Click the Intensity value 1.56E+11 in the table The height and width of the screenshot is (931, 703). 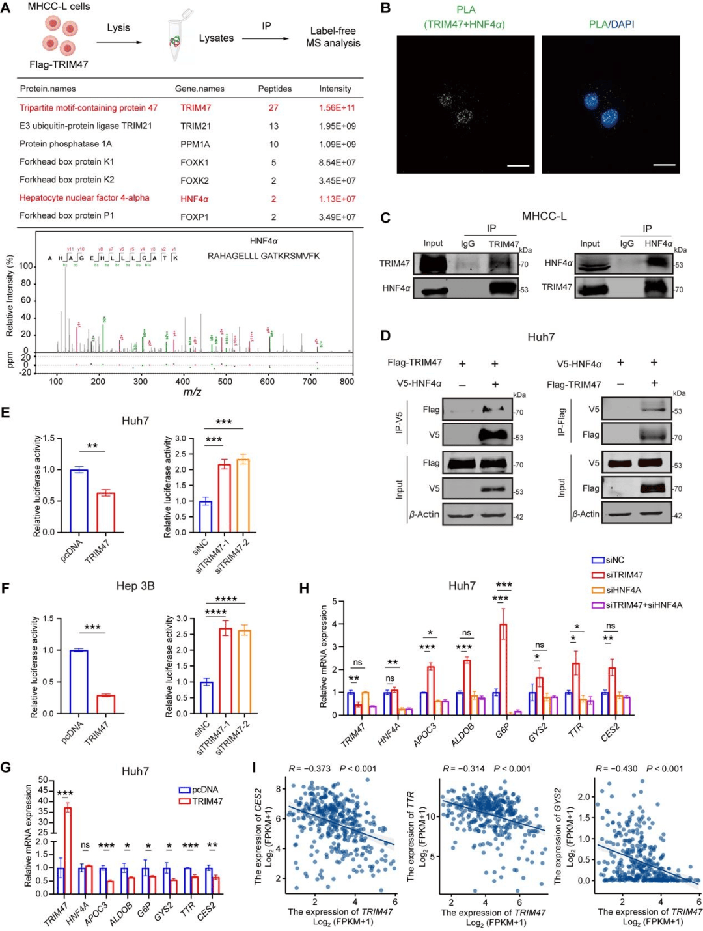pos(337,108)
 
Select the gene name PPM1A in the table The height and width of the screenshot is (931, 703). pos(195,145)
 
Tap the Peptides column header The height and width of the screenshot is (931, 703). pos(275,89)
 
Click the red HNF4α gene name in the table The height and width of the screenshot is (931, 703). pos(194,199)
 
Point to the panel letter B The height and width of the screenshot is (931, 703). pos(386,8)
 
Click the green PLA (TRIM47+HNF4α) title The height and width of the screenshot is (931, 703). pos(465,18)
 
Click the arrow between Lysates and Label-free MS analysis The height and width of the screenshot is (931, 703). pos(266,38)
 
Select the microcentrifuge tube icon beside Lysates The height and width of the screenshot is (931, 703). pos(178,38)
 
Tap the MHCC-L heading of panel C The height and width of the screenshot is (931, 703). pos(544,216)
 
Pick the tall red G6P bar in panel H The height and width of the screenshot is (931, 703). pos(503,669)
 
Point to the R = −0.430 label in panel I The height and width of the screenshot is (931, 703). pos(616,769)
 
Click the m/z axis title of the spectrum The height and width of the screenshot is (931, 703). pos(191,392)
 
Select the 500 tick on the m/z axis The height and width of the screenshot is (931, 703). pos(225,382)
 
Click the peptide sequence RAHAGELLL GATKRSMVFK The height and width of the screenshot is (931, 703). pos(264,256)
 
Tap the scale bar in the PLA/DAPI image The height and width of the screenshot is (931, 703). pos(664,165)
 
